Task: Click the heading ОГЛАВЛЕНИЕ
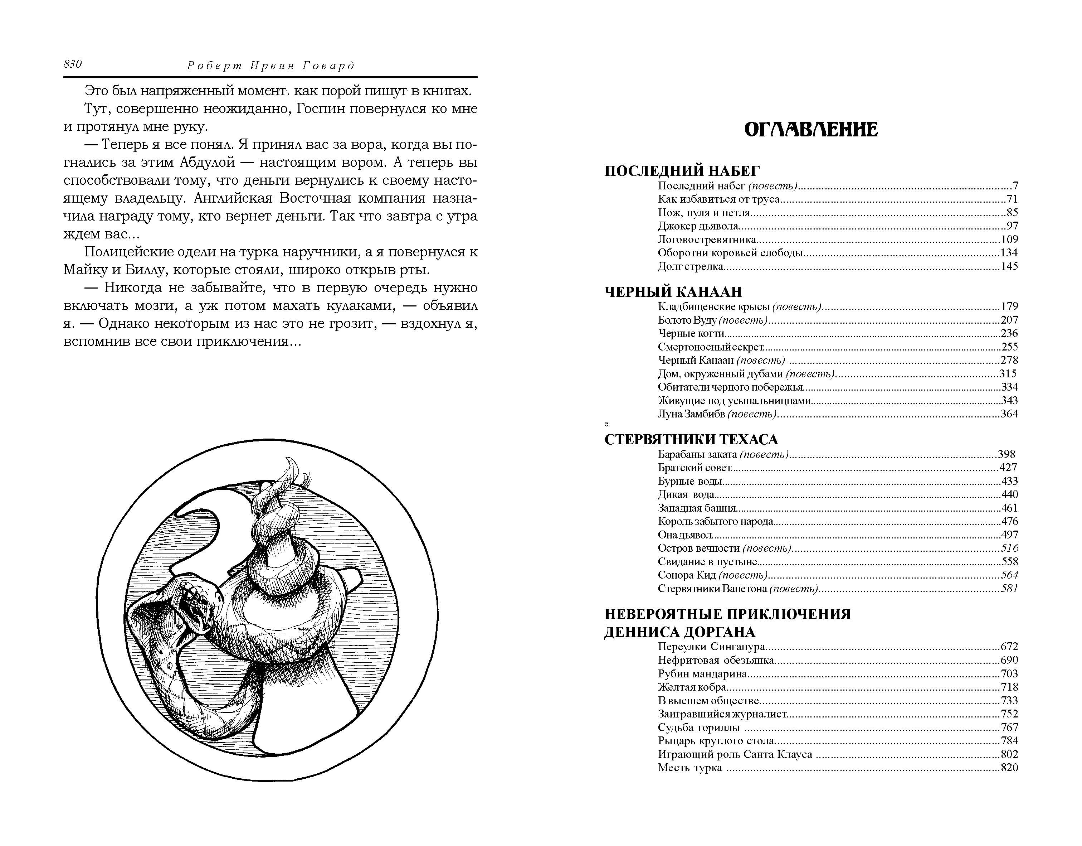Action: coord(811,130)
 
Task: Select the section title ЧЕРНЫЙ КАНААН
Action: coord(673,291)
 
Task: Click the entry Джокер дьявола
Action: coord(698,226)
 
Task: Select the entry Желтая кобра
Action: coord(692,687)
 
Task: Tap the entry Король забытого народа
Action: coord(715,521)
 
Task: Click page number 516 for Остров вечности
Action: coord(1009,548)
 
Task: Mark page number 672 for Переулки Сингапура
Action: coord(1009,647)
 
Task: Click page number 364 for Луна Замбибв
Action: coord(1009,414)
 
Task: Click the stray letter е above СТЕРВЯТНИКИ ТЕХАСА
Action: coord(606,424)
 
